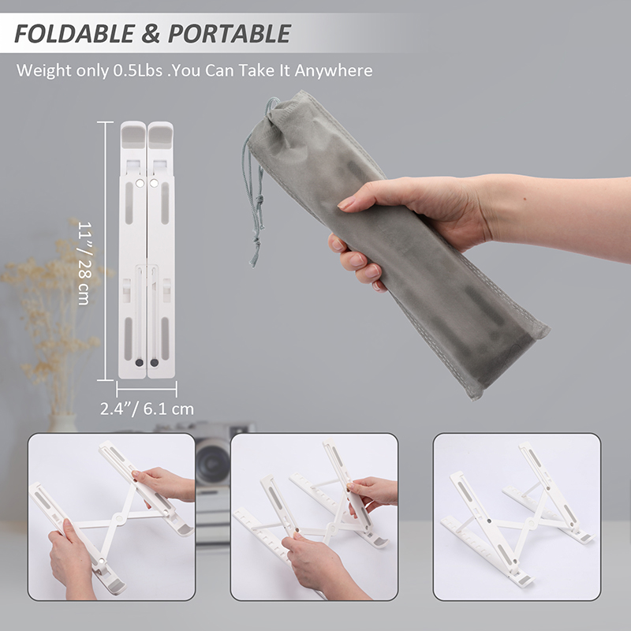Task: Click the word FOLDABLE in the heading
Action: click(74, 33)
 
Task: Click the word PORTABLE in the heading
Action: click(229, 33)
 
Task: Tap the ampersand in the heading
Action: click(151, 33)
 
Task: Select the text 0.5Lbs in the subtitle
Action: click(137, 70)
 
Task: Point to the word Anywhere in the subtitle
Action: click(334, 71)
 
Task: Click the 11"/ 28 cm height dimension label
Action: click(84, 263)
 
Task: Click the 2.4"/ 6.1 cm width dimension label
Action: click(147, 409)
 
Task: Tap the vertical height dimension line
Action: click(106, 251)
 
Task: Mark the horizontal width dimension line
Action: click(147, 389)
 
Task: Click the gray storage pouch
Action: click(397, 245)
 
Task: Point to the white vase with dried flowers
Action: click(63, 424)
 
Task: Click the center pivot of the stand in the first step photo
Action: click(119, 518)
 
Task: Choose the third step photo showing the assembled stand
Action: click(517, 517)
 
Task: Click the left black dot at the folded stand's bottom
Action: click(140, 363)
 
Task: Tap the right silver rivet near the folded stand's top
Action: click(154, 184)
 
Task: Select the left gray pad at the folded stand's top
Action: click(133, 135)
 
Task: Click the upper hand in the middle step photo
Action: click(372, 491)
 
